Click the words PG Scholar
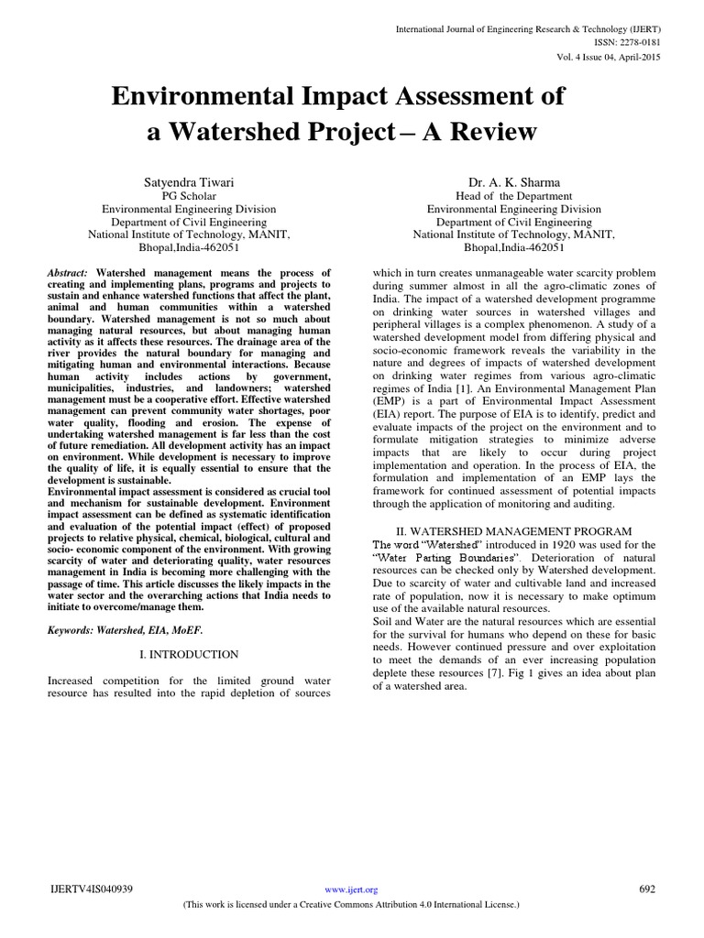point(189,196)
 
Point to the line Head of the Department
point(513,196)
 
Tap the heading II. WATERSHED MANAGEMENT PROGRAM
point(513,531)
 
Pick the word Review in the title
point(493,132)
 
